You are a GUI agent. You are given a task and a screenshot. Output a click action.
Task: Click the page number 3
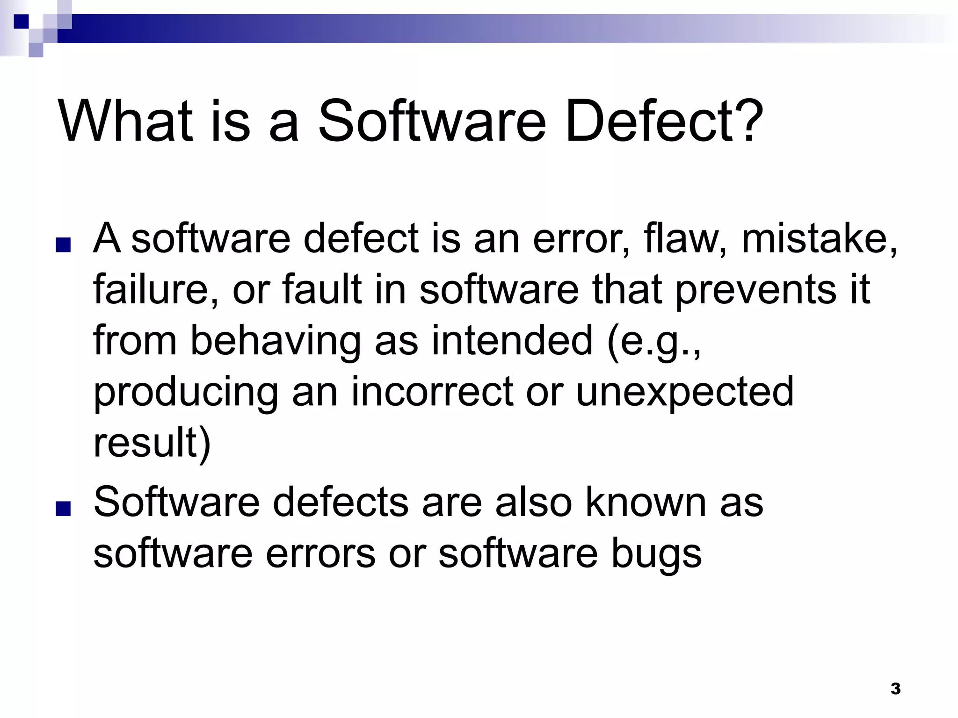point(895,689)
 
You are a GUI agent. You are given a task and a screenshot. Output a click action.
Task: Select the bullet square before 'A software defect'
point(63,245)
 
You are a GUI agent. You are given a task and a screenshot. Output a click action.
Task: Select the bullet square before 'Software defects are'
point(63,509)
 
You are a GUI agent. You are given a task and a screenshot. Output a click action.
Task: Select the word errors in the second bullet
point(320,553)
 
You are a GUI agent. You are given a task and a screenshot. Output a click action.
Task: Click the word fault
point(322,289)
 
